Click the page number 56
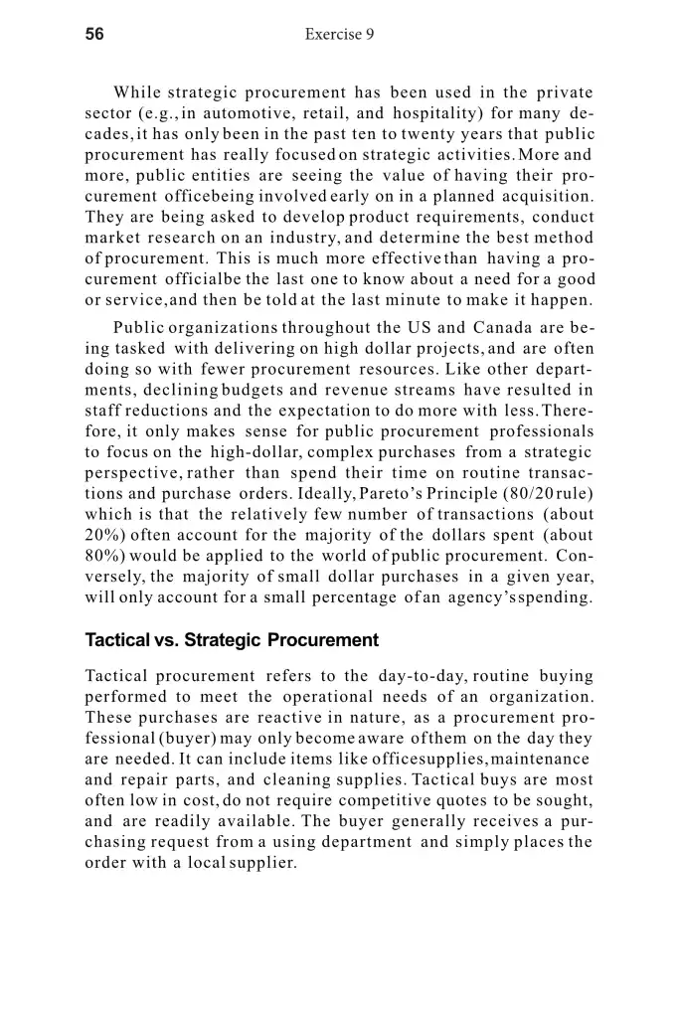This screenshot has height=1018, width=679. pyautogui.click(x=95, y=34)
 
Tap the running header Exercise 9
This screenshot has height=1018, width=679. pyautogui.click(x=339, y=35)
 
